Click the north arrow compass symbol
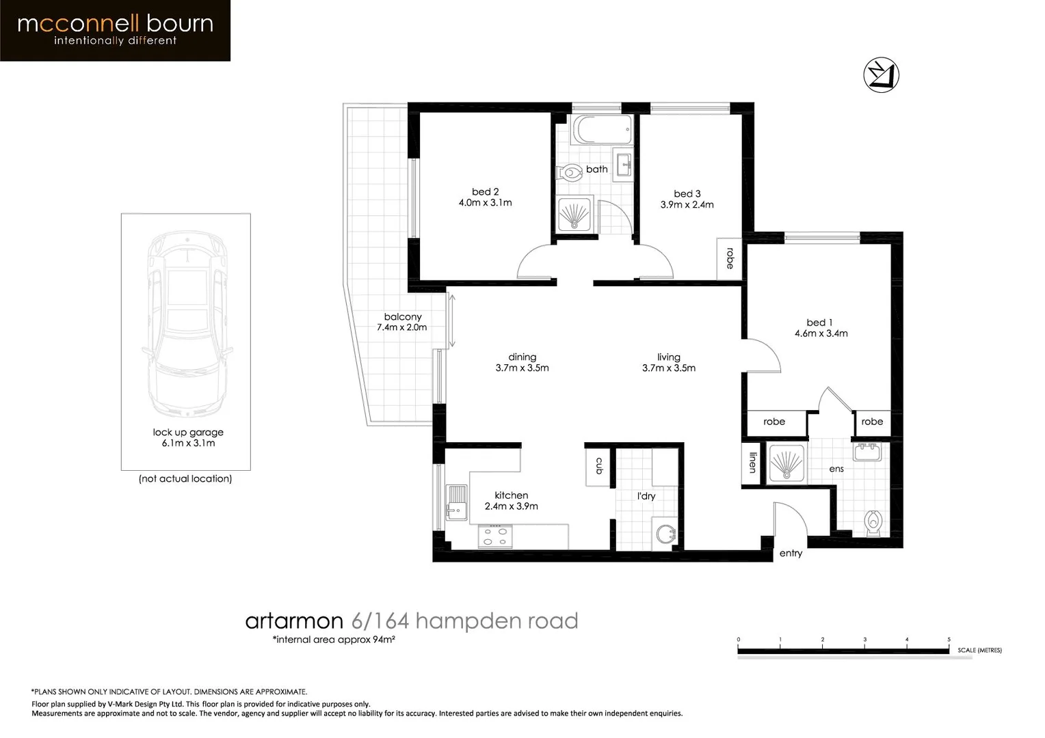881,74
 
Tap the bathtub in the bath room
602,129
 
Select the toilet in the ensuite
873,523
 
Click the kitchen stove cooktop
494,536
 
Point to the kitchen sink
456,502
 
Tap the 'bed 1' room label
819,322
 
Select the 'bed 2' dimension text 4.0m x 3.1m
485,203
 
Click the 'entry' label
791,553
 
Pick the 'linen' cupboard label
752,463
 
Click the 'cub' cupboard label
599,466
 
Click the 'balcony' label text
403,316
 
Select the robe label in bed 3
730,258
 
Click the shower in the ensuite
786,463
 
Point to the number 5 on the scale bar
949,640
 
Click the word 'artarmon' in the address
294,620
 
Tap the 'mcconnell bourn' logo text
115,25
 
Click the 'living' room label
668,357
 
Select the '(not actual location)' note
185,478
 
